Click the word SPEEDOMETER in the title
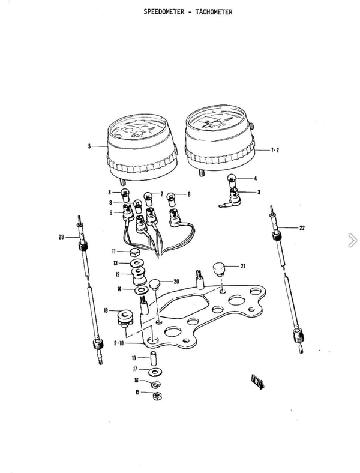tap(164, 12)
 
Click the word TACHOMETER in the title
tap(214, 12)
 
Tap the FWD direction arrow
tap(258, 382)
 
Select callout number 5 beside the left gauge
tap(89, 146)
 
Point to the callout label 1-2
tap(275, 150)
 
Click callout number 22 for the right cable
tap(302, 228)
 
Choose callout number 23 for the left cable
tap(61, 237)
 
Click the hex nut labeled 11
tap(134, 252)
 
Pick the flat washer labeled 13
tap(137, 263)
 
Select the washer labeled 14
tap(141, 291)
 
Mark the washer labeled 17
tap(155, 372)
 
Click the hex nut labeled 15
tap(157, 396)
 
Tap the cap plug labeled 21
tap(219, 269)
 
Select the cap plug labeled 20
tap(155, 284)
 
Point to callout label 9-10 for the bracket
tap(119, 343)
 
